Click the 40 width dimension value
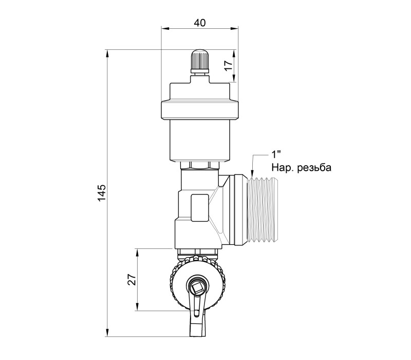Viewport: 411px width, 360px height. (200, 23)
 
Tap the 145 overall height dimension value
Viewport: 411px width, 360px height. (102, 193)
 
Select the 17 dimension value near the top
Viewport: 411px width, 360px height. (228, 65)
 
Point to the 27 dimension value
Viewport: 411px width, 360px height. (133, 279)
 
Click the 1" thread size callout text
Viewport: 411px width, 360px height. (276, 155)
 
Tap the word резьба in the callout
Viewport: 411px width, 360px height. (314, 168)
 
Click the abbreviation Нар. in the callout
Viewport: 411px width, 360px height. (283, 168)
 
